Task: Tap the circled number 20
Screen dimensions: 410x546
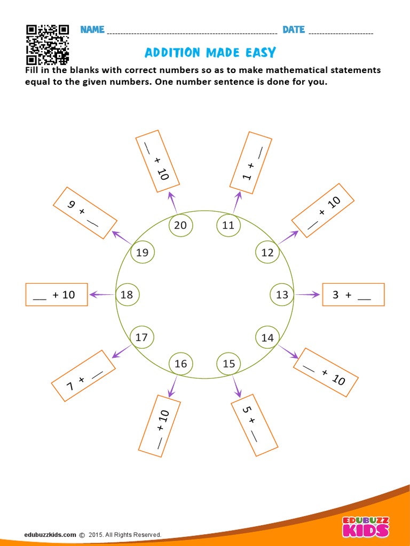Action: [x=180, y=225]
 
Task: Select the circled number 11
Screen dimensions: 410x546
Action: [x=228, y=225]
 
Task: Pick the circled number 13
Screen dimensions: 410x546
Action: [x=282, y=294]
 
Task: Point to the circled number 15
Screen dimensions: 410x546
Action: [x=228, y=364]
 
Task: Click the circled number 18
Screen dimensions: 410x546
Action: [x=127, y=294]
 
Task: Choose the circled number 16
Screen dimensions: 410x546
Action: [x=180, y=364]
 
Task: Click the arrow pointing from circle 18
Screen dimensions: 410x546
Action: [x=101, y=294]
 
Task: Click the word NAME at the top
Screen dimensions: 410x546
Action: [x=92, y=29]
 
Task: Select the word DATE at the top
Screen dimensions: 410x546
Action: [x=293, y=29]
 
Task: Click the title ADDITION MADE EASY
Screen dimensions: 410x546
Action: [x=210, y=52]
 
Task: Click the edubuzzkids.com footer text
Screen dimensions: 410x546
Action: [x=50, y=534]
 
